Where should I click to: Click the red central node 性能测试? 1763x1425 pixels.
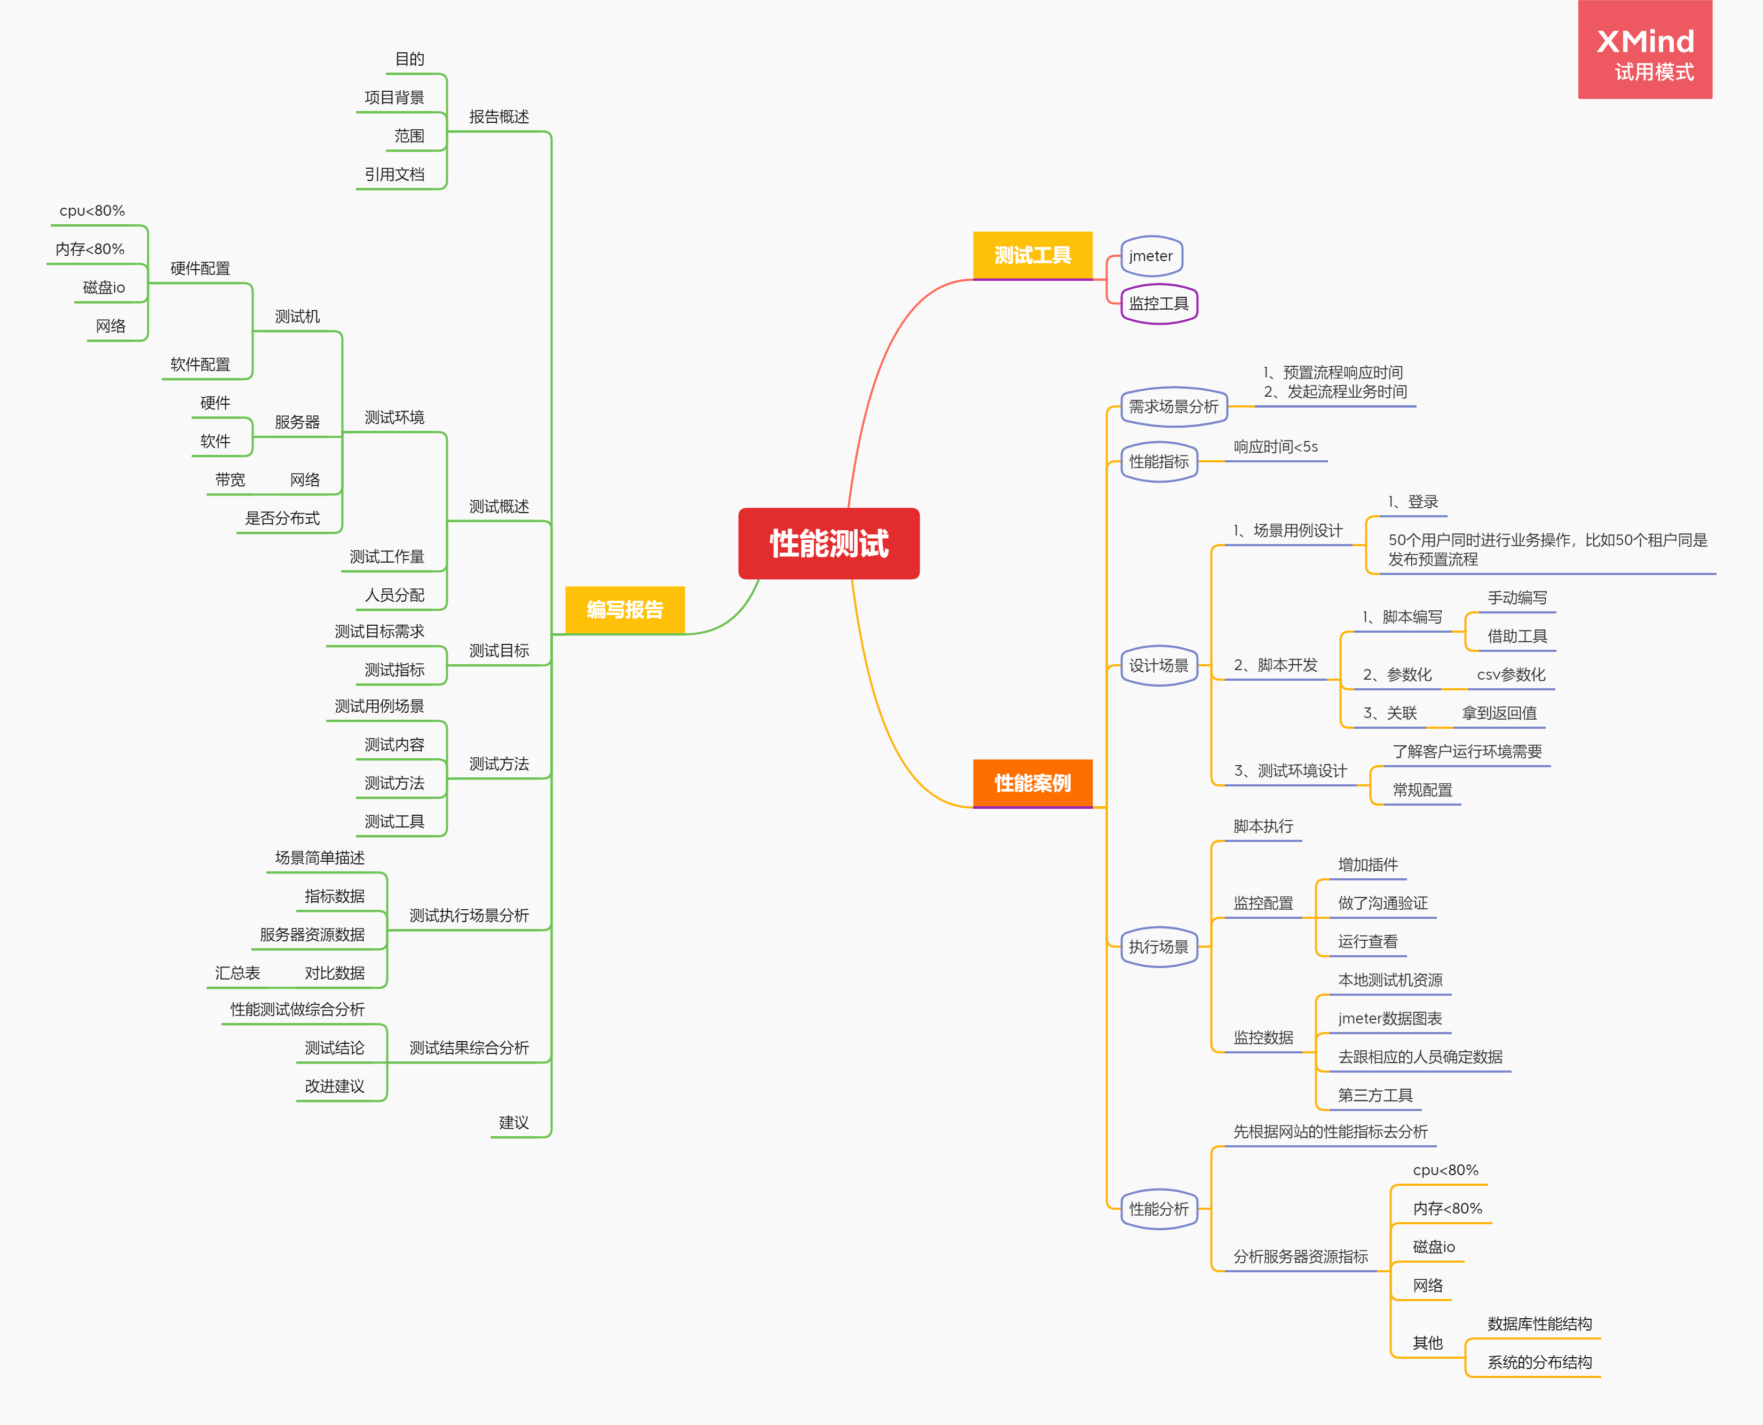point(828,544)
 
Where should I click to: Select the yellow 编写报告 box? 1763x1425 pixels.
point(624,609)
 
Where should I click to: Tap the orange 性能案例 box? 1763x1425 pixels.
point(1032,783)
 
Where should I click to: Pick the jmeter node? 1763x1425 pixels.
point(1151,256)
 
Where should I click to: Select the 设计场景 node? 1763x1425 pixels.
point(1158,666)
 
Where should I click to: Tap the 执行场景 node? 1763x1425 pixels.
point(1158,947)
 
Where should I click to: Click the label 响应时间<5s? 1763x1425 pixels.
point(1276,446)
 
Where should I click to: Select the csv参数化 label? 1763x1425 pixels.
point(1510,675)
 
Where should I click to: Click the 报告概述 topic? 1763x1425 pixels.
point(499,116)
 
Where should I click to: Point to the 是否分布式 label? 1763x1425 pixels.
point(282,518)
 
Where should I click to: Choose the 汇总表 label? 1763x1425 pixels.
point(237,973)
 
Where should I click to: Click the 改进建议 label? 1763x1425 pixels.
point(334,1086)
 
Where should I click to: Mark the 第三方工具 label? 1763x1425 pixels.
point(1375,1095)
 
